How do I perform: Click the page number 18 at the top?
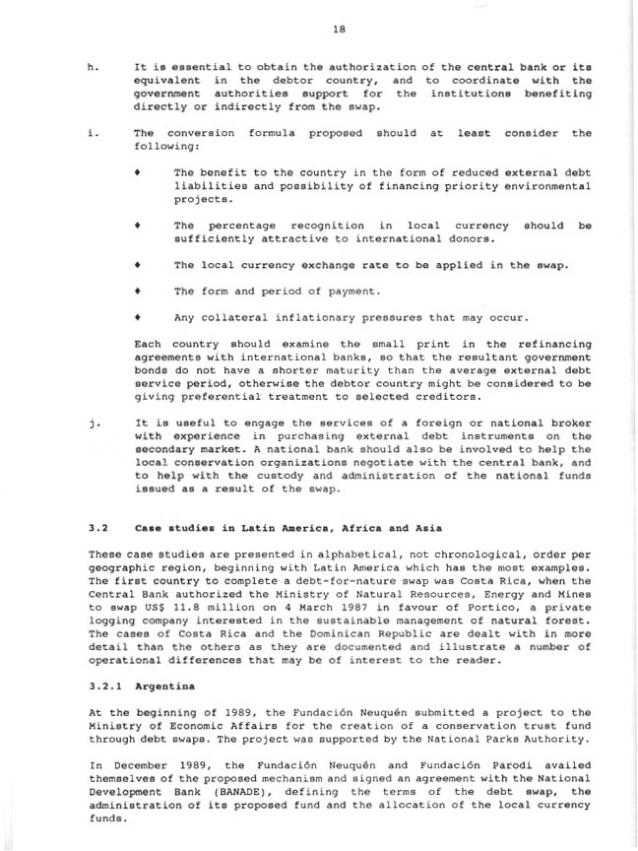coord(338,29)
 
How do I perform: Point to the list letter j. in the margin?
coord(92,423)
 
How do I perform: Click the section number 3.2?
coord(98,528)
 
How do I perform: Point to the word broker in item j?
coord(569,423)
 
